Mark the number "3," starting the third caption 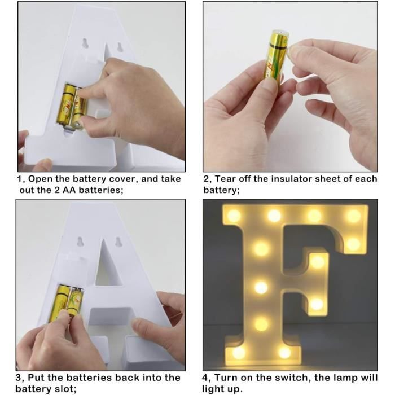coord(20,378)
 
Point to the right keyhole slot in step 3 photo coord(119,242)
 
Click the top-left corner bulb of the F coord(235,216)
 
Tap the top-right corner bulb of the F coord(353,216)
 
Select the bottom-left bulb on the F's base coord(239,352)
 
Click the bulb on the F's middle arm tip coord(318,261)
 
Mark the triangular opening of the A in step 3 coord(104,271)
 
